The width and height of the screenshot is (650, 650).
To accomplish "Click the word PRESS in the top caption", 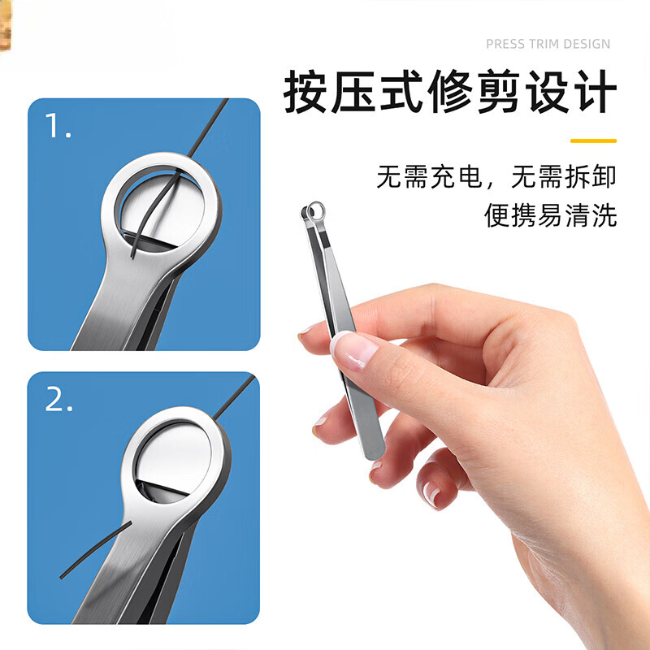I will pyautogui.click(x=505, y=44).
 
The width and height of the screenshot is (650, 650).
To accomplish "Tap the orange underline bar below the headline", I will pyautogui.click(x=593, y=141).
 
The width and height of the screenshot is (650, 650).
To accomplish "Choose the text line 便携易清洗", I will pyautogui.click(x=550, y=215).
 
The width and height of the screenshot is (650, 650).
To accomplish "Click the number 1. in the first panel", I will pyautogui.click(x=58, y=127).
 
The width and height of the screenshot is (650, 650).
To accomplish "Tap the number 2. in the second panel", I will pyautogui.click(x=59, y=399).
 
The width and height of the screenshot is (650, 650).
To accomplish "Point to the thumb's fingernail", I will pyautogui.click(x=356, y=349).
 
